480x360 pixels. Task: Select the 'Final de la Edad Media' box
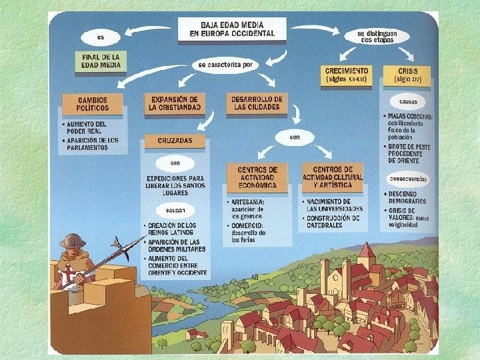[x=101, y=61]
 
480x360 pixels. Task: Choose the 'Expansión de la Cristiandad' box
[x=175, y=103]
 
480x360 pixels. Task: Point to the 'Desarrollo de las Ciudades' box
[x=257, y=103]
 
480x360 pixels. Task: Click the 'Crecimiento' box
[x=347, y=74]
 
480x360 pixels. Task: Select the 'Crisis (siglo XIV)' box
[x=409, y=74]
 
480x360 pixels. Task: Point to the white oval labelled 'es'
[x=101, y=36]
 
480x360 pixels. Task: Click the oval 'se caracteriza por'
[x=225, y=65]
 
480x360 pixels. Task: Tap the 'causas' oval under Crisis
[x=408, y=102]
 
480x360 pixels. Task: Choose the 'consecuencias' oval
[x=409, y=179]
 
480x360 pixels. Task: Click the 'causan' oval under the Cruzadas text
[x=175, y=210]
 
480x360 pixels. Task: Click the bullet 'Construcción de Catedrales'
[x=333, y=221]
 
